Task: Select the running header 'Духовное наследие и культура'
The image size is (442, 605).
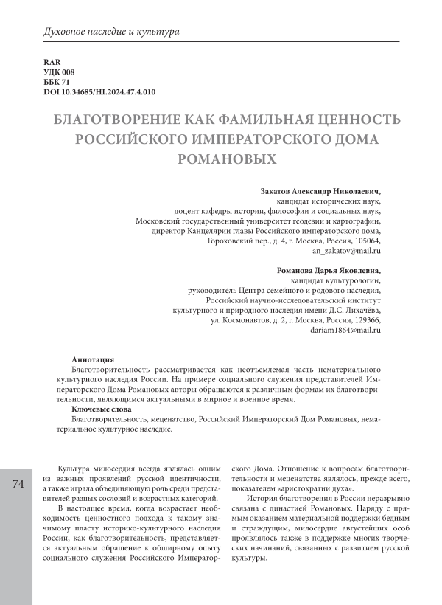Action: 112,32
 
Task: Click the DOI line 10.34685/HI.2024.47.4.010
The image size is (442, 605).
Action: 101,92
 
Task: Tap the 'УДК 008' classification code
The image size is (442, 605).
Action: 60,72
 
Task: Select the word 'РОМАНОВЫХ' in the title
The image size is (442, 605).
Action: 221,158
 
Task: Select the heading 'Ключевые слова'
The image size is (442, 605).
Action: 102,408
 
